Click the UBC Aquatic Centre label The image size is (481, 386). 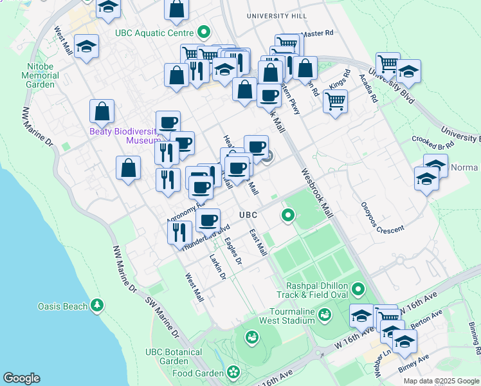(x=154, y=32)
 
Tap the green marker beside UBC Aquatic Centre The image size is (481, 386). (x=204, y=31)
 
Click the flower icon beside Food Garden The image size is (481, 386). (x=232, y=372)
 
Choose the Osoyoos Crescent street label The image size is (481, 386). (x=382, y=225)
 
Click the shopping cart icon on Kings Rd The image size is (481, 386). (x=336, y=101)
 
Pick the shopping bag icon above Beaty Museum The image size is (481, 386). (x=102, y=112)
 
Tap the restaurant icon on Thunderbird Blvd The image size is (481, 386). (x=180, y=231)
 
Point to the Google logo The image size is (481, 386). (x=21, y=378)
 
